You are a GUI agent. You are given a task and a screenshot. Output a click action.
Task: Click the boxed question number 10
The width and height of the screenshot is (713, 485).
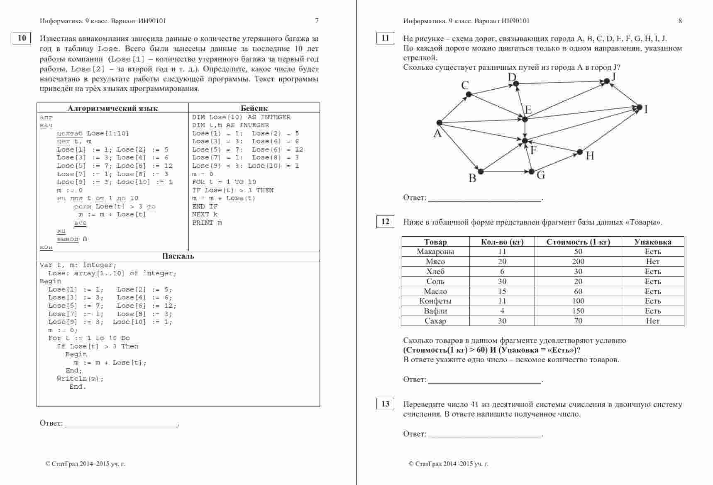(x=22, y=38)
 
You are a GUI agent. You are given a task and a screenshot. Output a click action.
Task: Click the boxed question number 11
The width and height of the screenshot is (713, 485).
(x=385, y=38)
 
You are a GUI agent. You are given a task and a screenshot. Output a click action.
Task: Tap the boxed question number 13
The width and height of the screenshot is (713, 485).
(x=385, y=404)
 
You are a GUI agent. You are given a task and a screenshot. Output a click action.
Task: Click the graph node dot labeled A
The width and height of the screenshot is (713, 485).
(x=439, y=122)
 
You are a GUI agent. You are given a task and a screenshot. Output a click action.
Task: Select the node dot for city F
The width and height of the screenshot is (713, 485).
(x=525, y=141)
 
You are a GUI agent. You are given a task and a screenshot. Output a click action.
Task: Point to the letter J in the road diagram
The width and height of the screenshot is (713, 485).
(x=613, y=76)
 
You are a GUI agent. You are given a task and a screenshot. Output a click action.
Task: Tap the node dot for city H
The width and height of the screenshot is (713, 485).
(x=580, y=152)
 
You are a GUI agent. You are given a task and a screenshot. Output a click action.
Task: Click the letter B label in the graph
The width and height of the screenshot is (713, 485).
(x=472, y=179)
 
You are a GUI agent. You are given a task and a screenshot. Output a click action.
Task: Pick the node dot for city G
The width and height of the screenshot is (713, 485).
(x=532, y=171)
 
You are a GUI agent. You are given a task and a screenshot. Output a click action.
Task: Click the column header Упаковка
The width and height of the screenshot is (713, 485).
(x=652, y=242)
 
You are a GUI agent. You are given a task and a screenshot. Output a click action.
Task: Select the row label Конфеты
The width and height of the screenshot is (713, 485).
(x=435, y=301)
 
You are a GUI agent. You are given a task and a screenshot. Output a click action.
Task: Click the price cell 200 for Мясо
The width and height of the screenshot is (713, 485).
(x=578, y=262)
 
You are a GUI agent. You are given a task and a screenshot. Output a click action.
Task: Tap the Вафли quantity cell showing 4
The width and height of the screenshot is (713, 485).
(x=502, y=311)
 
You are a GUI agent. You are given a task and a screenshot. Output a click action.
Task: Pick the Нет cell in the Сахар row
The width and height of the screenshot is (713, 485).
(x=652, y=321)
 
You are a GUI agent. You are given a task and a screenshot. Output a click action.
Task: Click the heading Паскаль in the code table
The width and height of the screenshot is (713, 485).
(x=178, y=256)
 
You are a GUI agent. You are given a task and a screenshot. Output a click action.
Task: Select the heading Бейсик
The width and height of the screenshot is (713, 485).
(x=254, y=108)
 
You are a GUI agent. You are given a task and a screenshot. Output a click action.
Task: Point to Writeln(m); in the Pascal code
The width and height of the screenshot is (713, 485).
(x=80, y=379)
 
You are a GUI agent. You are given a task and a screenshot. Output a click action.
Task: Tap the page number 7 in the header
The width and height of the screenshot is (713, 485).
(x=317, y=21)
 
